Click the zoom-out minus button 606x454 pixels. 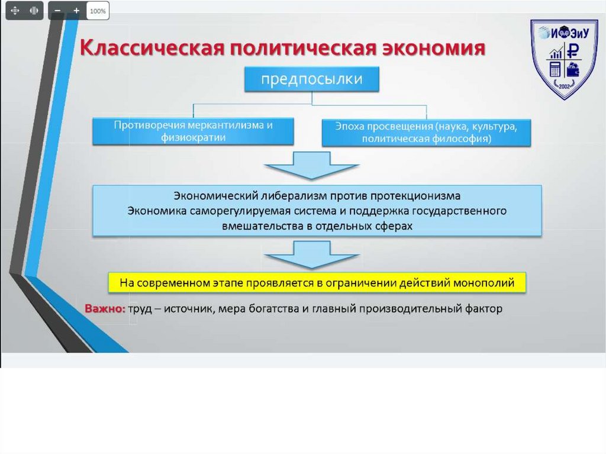57,11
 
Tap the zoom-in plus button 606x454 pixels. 76,11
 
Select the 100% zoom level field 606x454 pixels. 98,11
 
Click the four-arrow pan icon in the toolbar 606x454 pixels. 15,11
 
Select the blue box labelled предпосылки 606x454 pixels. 312,79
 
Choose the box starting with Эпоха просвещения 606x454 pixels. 426,133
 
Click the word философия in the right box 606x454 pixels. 460,140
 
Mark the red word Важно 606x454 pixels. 104,309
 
